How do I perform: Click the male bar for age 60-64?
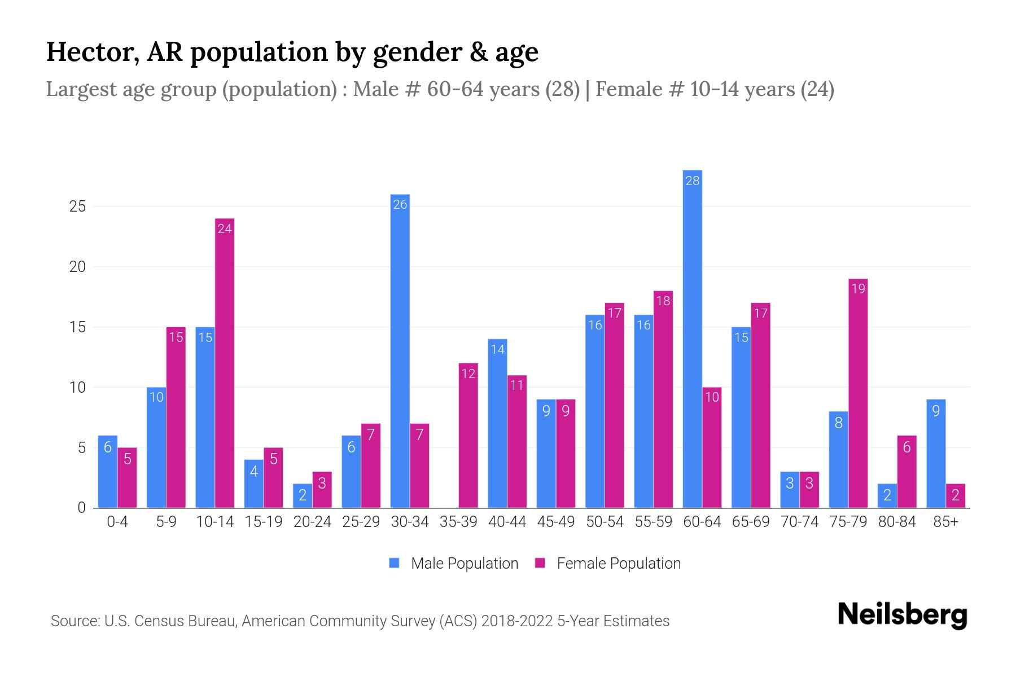692,338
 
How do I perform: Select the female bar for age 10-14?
225,364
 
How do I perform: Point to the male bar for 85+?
936,454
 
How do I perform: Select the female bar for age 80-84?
906,472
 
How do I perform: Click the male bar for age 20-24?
303,496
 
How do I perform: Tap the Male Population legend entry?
454,564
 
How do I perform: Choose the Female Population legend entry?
608,564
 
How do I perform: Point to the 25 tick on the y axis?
77,206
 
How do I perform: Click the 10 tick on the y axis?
77,388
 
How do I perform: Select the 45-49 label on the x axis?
556,522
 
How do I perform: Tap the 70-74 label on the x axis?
799,522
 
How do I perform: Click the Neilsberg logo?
902,614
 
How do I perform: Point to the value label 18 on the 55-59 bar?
663,301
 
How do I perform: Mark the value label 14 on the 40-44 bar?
497,349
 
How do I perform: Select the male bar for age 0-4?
108,472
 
